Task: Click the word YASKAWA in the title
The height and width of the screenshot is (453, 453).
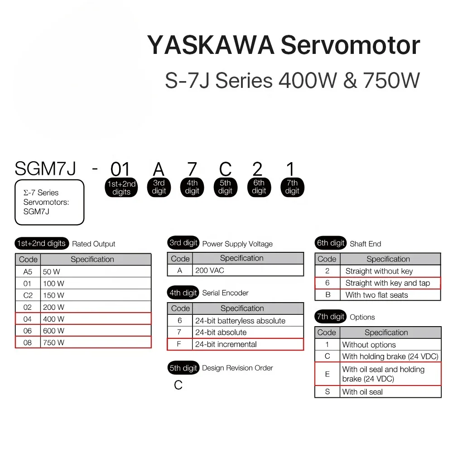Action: click(x=211, y=45)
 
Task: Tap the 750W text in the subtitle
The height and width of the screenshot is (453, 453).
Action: click(x=391, y=80)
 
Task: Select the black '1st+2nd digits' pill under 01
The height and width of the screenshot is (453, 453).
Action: click(x=121, y=188)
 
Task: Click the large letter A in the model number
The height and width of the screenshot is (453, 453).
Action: click(x=159, y=169)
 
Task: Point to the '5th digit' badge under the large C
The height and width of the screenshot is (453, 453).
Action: click(x=225, y=187)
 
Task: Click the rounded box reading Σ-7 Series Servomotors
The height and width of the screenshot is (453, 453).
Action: click(x=49, y=202)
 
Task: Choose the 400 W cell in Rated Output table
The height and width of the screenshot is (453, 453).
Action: click(x=96, y=319)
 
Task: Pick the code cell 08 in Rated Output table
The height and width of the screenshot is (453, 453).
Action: click(x=28, y=342)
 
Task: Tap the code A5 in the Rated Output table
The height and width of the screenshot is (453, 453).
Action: click(x=28, y=272)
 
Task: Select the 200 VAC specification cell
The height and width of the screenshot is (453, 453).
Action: click(x=248, y=270)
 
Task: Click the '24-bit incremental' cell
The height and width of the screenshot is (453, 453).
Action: click(x=248, y=344)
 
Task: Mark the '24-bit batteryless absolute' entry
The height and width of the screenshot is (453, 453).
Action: click(x=240, y=321)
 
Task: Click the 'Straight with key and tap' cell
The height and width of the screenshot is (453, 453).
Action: click(x=390, y=283)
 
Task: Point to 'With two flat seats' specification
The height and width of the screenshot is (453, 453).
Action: click(x=377, y=295)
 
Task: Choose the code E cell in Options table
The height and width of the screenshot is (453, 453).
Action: click(x=328, y=374)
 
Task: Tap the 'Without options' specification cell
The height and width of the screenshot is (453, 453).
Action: click(x=390, y=345)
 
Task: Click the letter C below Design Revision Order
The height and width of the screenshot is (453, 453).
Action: click(x=178, y=385)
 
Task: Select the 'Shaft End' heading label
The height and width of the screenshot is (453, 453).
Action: click(x=366, y=244)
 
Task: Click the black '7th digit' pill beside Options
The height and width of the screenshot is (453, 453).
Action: click(x=331, y=317)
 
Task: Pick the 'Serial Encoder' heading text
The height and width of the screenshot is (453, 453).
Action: click(x=225, y=293)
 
